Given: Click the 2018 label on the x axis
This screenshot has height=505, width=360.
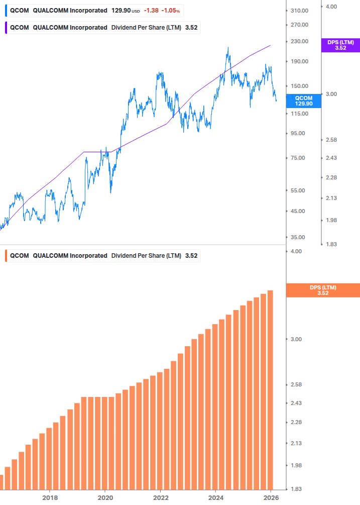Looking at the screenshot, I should [x=49, y=497].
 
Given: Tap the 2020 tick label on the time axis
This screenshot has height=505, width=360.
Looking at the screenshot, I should [x=105, y=497].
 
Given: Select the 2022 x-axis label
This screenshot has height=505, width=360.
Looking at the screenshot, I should [x=160, y=497].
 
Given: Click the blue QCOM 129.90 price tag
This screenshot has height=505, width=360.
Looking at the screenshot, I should [x=303, y=100].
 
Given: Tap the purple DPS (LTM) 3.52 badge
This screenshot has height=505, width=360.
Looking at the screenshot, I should [x=340, y=45].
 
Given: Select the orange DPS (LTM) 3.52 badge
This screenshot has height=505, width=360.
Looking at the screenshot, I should [x=322, y=290].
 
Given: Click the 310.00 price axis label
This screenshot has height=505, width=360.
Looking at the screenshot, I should [x=299, y=11].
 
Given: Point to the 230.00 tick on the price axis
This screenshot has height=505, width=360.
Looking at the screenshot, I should [x=299, y=41].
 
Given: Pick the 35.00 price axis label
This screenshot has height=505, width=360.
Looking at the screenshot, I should [x=298, y=237].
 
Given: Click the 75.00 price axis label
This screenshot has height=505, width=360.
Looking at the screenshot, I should [x=298, y=158].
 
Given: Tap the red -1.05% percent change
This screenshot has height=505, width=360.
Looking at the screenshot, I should [x=170, y=11].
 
